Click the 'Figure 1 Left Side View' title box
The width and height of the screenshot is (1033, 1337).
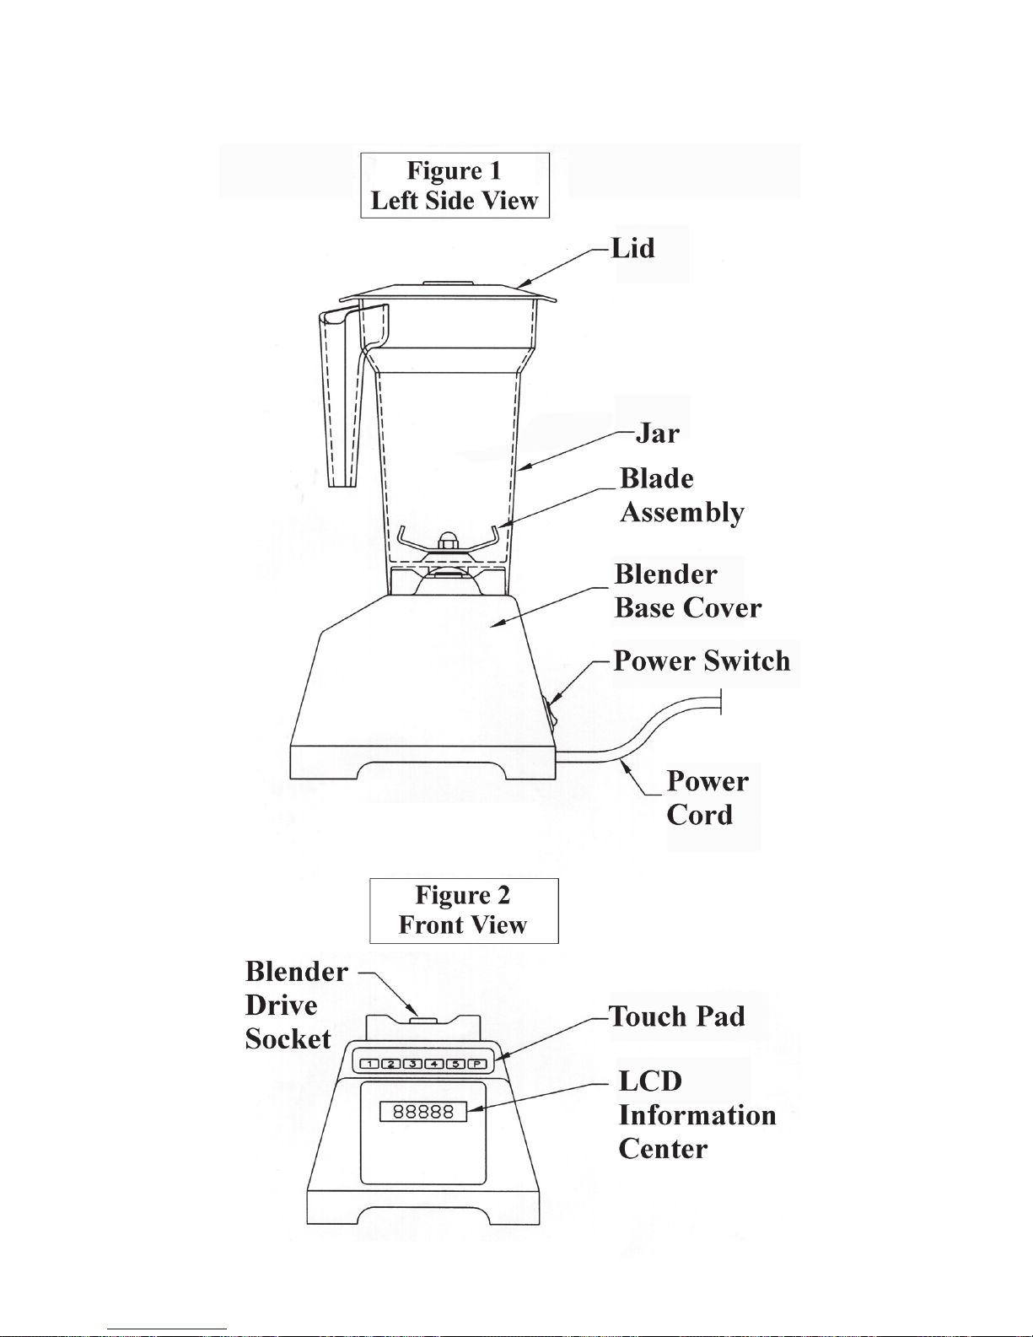[455, 186]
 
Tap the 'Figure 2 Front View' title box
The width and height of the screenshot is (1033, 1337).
[464, 911]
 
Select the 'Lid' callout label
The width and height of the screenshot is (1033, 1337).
[632, 249]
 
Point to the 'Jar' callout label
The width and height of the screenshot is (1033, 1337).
[657, 434]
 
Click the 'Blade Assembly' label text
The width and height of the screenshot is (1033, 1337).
[682, 496]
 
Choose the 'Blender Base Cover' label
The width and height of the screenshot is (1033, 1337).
[688, 591]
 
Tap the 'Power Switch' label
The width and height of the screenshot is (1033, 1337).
[702, 660]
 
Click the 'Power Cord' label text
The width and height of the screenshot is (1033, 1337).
[707, 798]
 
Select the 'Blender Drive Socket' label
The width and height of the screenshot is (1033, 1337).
[297, 1005]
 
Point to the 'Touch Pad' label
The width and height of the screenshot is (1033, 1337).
[677, 1016]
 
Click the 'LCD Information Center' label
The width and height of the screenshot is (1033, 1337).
[697, 1115]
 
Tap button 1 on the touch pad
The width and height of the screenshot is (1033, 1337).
[369, 1064]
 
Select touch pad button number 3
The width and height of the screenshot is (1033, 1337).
[412, 1064]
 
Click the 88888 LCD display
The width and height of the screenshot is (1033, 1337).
[423, 1112]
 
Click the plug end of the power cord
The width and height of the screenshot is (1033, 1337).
[720, 703]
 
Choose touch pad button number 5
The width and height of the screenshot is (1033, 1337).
[455, 1064]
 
